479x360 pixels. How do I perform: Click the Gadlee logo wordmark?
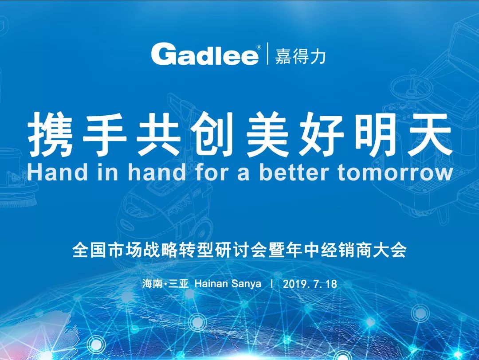(x=204, y=54)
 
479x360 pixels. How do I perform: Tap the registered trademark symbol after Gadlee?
(x=259, y=47)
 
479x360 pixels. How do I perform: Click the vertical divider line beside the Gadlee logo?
(x=267, y=54)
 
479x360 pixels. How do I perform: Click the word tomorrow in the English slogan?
(x=395, y=172)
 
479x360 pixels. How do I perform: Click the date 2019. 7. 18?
(x=310, y=284)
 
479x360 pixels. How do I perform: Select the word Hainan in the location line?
(x=211, y=284)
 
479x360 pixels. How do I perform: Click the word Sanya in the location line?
(x=246, y=284)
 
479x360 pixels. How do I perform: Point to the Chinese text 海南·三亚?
(x=165, y=284)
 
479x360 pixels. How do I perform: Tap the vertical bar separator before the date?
(x=272, y=284)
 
